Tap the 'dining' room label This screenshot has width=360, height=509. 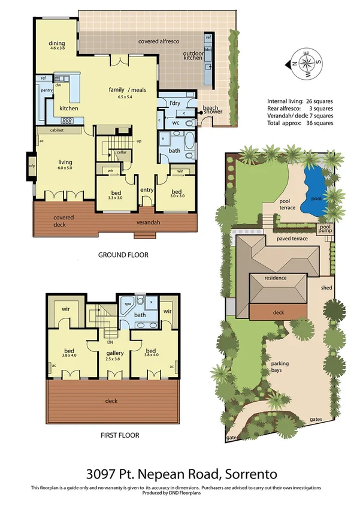[57, 43]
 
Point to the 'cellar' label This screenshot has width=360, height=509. [122, 152]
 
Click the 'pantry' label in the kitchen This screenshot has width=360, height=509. [45, 89]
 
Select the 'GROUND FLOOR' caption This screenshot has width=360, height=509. [123, 255]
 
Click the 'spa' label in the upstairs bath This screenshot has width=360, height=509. [128, 304]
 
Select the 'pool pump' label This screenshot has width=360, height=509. [324, 229]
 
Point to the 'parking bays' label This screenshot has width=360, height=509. [282, 368]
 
